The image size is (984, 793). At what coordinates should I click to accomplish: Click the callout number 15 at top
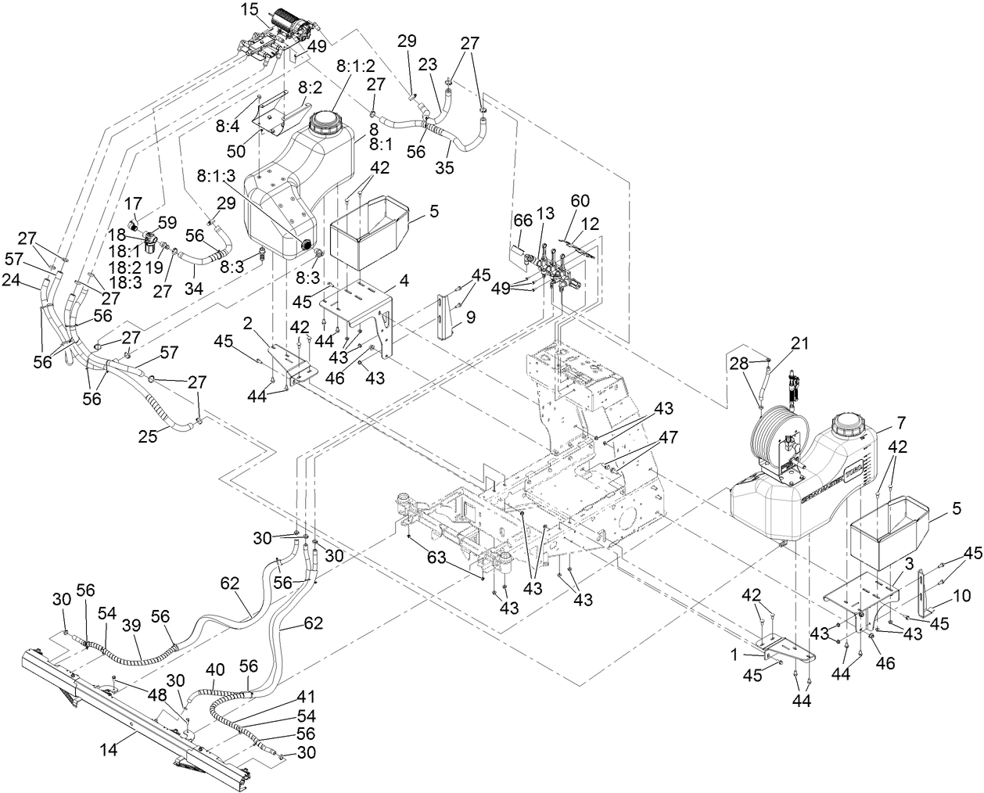tap(249, 11)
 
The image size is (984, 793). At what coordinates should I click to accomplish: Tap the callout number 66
tap(521, 222)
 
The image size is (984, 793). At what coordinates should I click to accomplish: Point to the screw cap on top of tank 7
tap(849, 425)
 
